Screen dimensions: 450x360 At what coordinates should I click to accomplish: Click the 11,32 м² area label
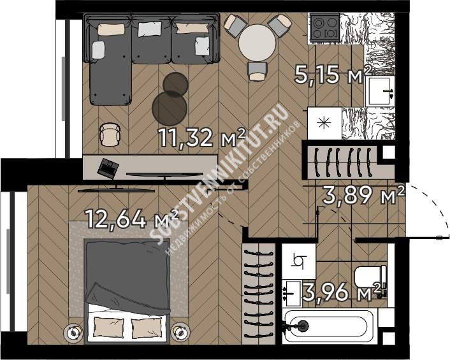(202, 138)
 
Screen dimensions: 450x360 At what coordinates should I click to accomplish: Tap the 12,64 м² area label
(133, 219)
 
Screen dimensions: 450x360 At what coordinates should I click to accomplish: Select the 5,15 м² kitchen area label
(333, 75)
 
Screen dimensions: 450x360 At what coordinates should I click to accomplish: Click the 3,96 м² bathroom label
(344, 292)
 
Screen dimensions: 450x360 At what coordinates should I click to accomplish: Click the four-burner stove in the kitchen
(325, 27)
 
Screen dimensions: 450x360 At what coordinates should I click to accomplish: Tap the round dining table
(258, 43)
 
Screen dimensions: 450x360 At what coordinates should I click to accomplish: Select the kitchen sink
(380, 91)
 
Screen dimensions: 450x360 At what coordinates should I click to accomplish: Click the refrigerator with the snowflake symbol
(324, 124)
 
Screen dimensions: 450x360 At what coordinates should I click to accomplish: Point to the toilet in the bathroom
(370, 277)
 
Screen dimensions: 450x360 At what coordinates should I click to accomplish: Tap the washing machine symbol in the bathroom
(299, 261)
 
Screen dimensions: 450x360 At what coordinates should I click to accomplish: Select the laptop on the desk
(108, 168)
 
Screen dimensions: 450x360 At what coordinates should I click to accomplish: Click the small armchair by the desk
(110, 134)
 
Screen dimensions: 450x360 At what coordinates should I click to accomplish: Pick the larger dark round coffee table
(170, 106)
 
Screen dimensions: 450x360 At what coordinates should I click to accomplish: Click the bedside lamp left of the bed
(74, 332)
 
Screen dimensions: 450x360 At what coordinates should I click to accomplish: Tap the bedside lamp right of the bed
(180, 332)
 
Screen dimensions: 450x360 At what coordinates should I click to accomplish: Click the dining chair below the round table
(258, 72)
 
